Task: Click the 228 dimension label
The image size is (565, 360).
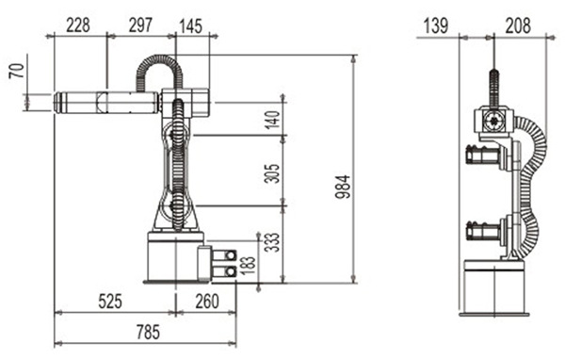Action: pyautogui.click(x=78, y=25)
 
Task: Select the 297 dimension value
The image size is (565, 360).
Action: pyautogui.click(x=140, y=25)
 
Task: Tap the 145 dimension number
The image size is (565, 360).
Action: pyautogui.click(x=190, y=26)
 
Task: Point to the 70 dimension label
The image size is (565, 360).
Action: pyautogui.click(x=17, y=71)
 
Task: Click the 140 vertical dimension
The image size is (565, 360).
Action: pyautogui.click(x=272, y=120)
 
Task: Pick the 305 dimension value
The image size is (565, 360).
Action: pyautogui.click(x=272, y=173)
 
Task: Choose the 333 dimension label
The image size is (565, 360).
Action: pyautogui.click(x=272, y=242)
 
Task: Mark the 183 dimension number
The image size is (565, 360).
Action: pyautogui.click(x=248, y=266)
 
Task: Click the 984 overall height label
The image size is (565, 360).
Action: pyautogui.click(x=343, y=187)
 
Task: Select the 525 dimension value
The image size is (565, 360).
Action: pyautogui.click(x=110, y=302)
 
